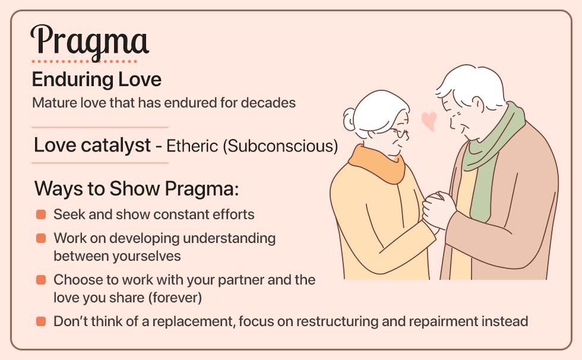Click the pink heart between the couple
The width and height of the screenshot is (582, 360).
click(428, 121)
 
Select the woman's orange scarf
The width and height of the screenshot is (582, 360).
click(377, 163)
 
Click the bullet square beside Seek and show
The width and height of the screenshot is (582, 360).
click(41, 214)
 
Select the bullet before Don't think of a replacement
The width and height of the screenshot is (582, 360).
click(41, 321)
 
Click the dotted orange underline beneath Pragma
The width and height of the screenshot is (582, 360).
click(84, 61)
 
